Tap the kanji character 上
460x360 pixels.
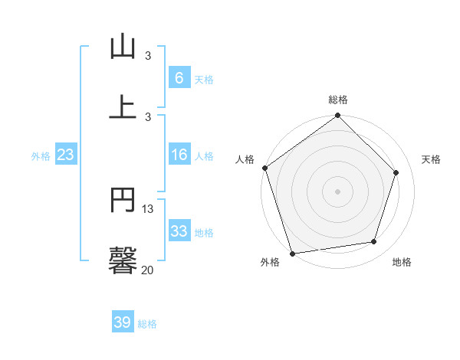pyautogui.click(x=123, y=106)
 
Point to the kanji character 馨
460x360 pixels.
pyautogui.click(x=123, y=260)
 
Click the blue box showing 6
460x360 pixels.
pyautogui.click(x=179, y=78)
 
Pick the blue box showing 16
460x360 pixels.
pyautogui.click(x=179, y=155)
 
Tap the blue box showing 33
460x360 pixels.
pyautogui.click(x=179, y=231)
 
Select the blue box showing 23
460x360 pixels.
pyautogui.click(x=66, y=155)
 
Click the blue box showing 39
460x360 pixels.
pyautogui.click(x=123, y=322)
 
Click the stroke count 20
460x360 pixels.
pyautogui.click(x=148, y=270)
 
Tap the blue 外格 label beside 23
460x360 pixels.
pyautogui.click(x=41, y=156)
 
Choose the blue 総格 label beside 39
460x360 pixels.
pyautogui.click(x=147, y=324)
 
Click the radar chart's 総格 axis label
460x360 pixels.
pyautogui.click(x=338, y=100)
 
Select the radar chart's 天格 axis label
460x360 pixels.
pyautogui.click(x=431, y=159)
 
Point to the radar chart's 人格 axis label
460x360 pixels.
pyautogui.click(x=245, y=159)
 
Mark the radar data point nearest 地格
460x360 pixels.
pyautogui.click(x=374, y=242)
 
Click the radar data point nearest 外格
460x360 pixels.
pyautogui.click(x=291, y=253)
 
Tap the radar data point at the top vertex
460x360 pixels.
pyautogui.click(x=338, y=116)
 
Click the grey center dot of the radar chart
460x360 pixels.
pyautogui.click(x=338, y=191)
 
